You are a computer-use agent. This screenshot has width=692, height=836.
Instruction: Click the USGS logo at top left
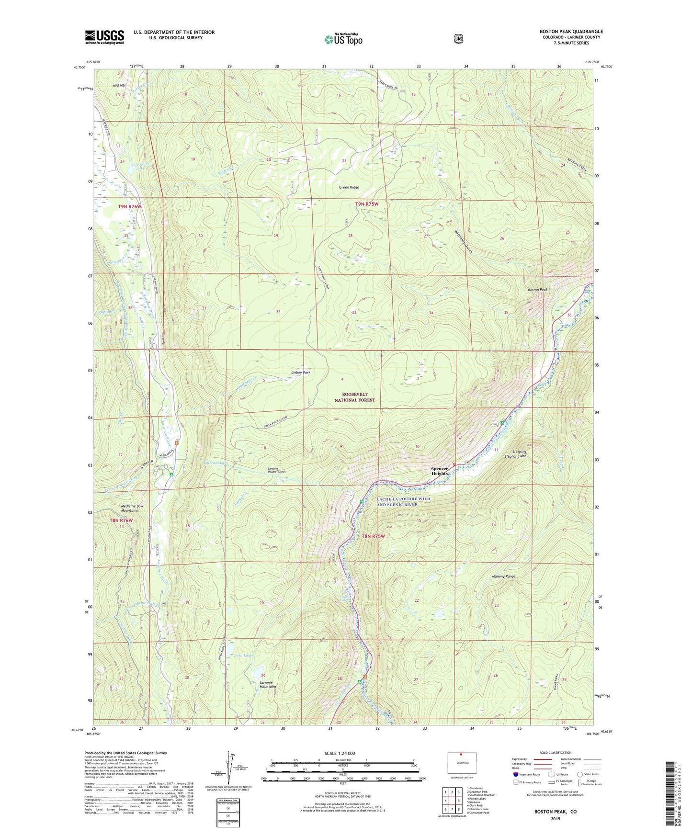click(x=104, y=37)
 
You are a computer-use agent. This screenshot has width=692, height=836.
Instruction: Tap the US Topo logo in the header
click(x=342, y=39)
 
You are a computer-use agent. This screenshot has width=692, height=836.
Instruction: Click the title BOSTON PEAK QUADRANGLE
click(x=571, y=32)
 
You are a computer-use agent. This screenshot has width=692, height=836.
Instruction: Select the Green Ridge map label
click(x=349, y=187)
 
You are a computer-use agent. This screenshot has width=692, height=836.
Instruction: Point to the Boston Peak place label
click(x=537, y=290)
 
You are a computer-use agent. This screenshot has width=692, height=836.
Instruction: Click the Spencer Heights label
click(x=440, y=471)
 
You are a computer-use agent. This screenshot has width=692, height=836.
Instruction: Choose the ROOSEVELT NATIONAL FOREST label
click(x=354, y=397)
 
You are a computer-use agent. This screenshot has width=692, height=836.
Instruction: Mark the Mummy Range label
click(x=503, y=576)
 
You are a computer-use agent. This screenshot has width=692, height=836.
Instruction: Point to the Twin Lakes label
click(x=243, y=655)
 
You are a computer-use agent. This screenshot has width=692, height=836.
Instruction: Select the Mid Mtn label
click(x=120, y=85)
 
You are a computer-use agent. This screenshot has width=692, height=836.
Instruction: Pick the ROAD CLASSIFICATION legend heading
click(x=555, y=753)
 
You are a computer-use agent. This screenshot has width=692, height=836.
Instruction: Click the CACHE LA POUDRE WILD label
click(x=403, y=499)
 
